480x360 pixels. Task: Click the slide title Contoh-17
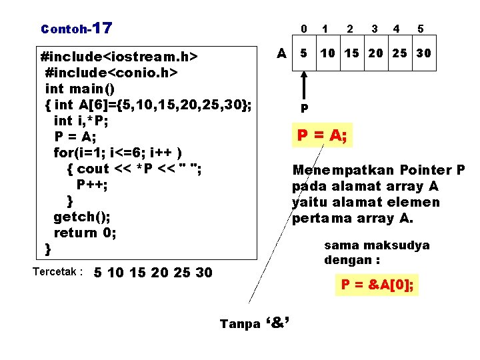pyautogui.click(x=76, y=29)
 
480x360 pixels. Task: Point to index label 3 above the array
pyautogui.click(x=375, y=29)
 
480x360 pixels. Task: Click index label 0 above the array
pyautogui.click(x=303, y=29)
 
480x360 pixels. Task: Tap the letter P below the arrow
pyautogui.click(x=304, y=108)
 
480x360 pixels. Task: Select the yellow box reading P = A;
pyautogui.click(x=322, y=136)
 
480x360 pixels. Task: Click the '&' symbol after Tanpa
pyautogui.click(x=281, y=323)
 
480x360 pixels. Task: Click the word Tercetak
pyautogui.click(x=57, y=272)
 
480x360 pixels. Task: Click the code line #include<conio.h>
pyautogui.click(x=111, y=71)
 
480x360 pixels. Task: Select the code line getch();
pyautogui.click(x=82, y=217)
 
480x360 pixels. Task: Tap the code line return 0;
pyautogui.click(x=85, y=233)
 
